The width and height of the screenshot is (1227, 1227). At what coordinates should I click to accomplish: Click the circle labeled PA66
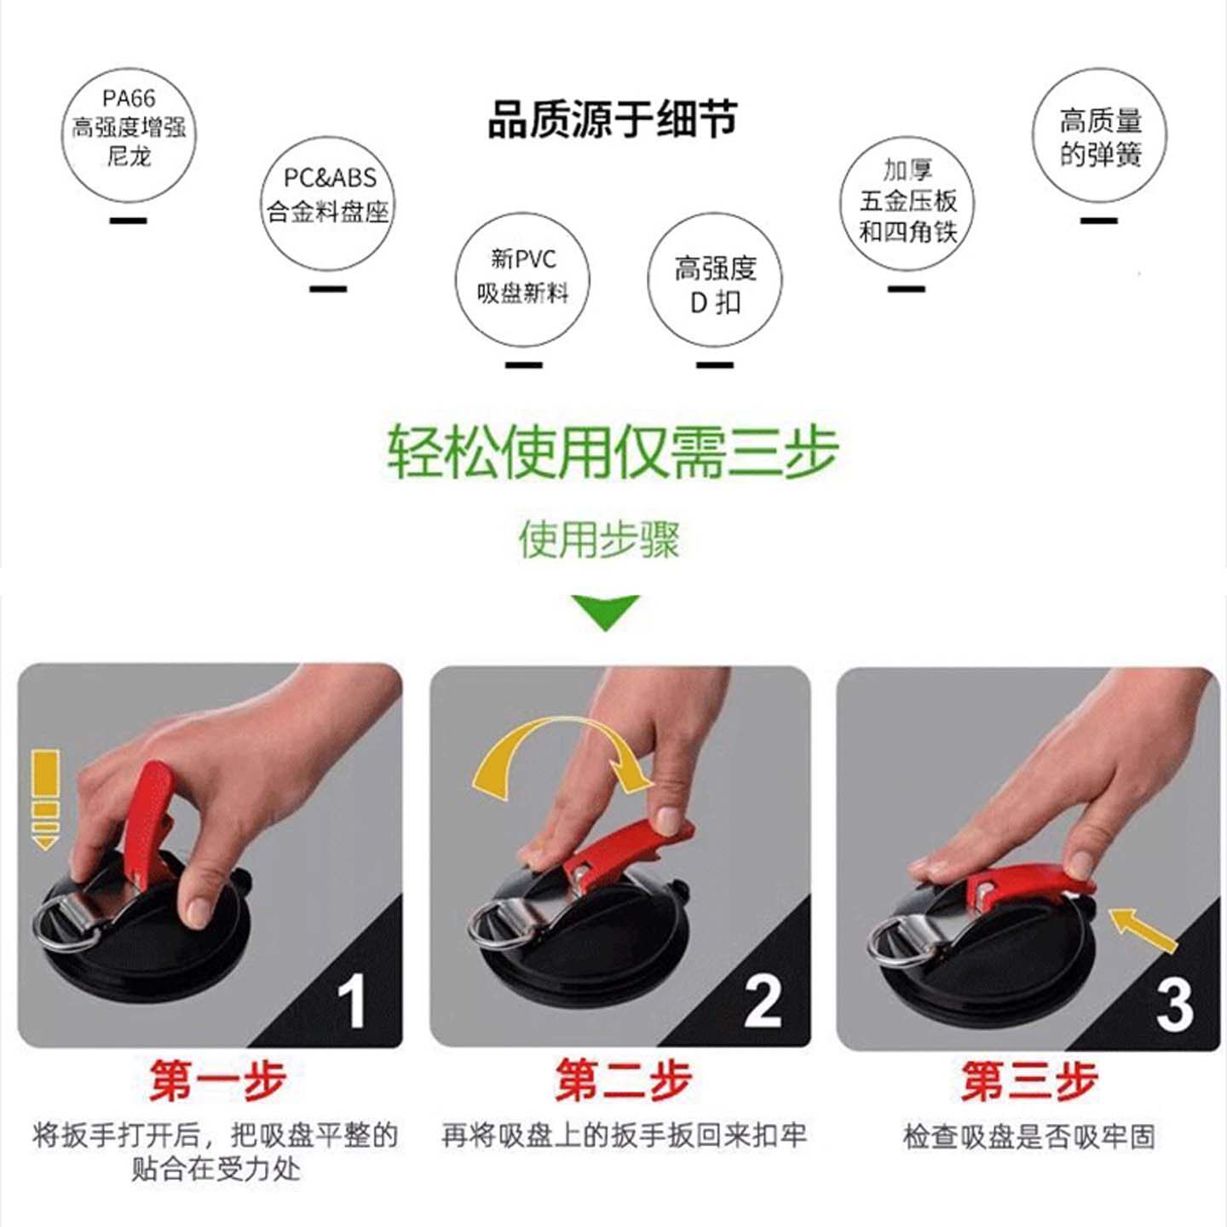coord(128,135)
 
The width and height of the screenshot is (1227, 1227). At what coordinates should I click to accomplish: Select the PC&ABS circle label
coord(328,203)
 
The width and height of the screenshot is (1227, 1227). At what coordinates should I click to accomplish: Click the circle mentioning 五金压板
coord(907,203)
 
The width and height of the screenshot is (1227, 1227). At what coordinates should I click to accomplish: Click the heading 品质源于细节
coord(612,119)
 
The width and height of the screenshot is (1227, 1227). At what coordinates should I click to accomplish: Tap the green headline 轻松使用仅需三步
coord(612,452)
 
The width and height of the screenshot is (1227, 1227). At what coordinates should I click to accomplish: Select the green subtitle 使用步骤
coord(599,540)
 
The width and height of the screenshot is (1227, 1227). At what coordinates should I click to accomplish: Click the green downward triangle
coord(605,610)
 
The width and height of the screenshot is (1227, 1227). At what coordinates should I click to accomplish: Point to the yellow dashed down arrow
coord(45,797)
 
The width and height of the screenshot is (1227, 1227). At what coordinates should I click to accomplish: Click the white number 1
coord(351,1002)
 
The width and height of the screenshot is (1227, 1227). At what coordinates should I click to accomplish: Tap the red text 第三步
coord(1028,1082)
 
